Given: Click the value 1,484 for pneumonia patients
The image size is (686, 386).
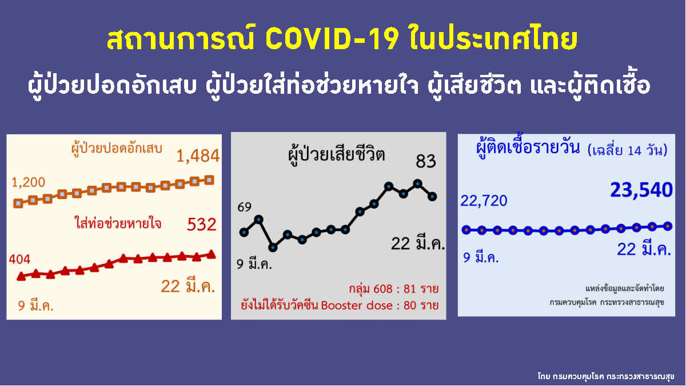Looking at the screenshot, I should click(198, 156).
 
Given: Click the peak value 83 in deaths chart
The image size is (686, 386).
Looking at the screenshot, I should click(425, 162).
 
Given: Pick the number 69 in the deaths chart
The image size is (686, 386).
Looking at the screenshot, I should click(245, 206).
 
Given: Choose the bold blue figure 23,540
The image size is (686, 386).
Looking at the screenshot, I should click(641, 190).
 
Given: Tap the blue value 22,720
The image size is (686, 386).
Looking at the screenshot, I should click(483, 200).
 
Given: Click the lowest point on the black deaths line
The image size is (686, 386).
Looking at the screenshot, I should click(273, 248).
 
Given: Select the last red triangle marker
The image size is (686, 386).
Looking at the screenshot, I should click(211, 254).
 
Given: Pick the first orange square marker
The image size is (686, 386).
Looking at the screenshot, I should click(18, 202).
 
